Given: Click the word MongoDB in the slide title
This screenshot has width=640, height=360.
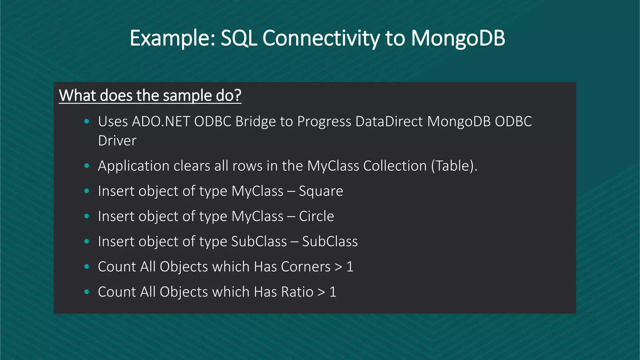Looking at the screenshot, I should pos(458,38).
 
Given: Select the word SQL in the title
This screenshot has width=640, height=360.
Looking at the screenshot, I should pos(239,38).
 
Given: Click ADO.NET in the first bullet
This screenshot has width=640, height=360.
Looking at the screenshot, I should pos(161,121).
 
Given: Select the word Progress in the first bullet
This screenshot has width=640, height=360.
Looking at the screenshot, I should pos(324,121).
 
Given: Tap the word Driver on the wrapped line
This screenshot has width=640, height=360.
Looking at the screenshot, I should pos(117,141).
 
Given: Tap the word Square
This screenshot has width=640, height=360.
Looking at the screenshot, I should pos(321,191).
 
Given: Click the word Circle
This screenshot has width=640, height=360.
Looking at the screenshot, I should pos(317,216).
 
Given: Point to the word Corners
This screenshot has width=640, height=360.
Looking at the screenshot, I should pos(306,267).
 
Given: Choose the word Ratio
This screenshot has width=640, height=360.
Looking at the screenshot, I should pos(297,292).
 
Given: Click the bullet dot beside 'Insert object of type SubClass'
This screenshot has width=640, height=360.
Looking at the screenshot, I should pos(87,241).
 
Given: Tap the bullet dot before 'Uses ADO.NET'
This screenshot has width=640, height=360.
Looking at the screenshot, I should pos(87,121).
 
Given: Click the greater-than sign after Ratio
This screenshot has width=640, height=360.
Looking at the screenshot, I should pos(321,292).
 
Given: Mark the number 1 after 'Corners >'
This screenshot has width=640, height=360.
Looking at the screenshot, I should pos(350,267).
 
